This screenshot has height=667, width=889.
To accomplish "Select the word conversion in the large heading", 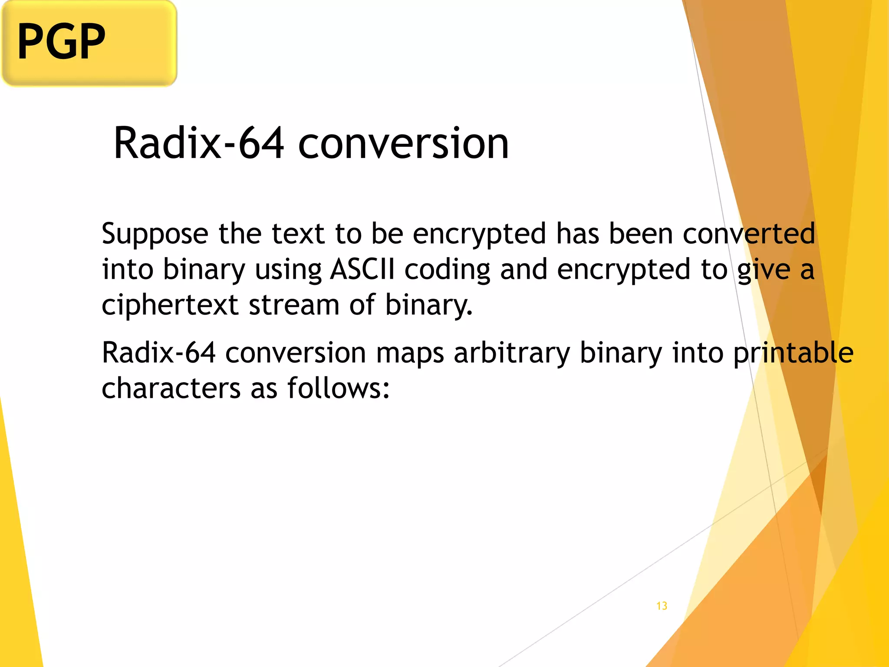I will click(x=403, y=143).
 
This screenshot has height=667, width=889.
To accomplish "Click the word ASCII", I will click(x=362, y=269).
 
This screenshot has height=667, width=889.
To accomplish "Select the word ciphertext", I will click(x=170, y=305).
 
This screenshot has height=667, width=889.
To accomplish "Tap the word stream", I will click(x=294, y=305).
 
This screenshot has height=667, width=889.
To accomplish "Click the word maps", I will click(x=410, y=353).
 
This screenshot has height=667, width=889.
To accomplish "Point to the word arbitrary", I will click(x=512, y=353).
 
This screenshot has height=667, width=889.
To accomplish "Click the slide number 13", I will click(x=662, y=606).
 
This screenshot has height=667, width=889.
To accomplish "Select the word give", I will click(x=764, y=269).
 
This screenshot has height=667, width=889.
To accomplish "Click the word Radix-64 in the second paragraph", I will click(x=158, y=352).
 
